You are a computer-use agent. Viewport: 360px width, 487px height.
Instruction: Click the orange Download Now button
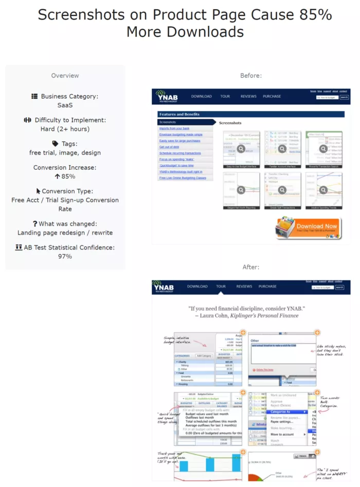(309, 227)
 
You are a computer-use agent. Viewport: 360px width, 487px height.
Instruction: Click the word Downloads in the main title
(185, 32)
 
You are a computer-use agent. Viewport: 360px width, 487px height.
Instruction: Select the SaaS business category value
(65, 105)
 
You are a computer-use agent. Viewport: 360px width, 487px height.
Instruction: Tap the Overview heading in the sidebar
(65, 76)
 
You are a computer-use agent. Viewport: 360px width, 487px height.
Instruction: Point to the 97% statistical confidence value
(65, 256)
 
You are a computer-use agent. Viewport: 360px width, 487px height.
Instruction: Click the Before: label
(251, 76)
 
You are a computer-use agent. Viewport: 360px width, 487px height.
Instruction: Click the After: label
(251, 267)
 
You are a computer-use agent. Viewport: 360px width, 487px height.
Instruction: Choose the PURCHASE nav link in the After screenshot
(267, 286)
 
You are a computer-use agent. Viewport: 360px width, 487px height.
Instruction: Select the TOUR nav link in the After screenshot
(221, 286)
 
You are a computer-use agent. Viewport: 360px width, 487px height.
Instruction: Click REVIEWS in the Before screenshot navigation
(248, 96)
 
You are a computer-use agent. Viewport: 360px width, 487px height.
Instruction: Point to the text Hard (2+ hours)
(65, 129)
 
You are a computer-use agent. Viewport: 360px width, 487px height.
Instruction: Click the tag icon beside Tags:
(55, 144)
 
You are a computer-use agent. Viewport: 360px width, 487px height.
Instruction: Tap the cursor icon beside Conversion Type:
(39, 191)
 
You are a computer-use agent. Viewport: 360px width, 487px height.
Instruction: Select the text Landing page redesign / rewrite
(65, 232)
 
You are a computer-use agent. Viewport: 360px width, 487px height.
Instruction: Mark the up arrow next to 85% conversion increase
(57, 176)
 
